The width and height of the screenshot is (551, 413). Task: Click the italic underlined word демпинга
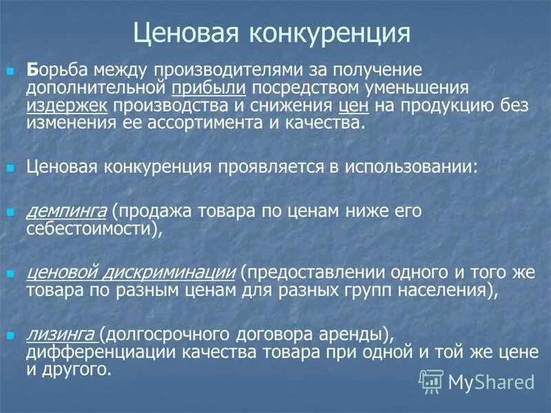(66, 210)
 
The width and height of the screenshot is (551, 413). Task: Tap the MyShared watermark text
(491, 381)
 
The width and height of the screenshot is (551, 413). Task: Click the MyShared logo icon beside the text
(431, 381)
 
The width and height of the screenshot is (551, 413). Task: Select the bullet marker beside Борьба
(10, 72)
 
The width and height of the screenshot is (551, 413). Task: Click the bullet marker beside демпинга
(10, 211)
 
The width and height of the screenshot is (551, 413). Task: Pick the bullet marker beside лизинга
(10, 335)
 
